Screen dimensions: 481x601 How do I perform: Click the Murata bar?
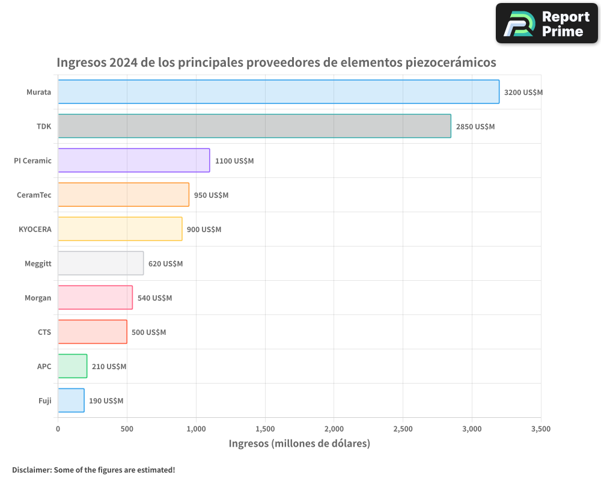pos(278,92)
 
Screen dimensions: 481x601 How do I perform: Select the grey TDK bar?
pos(254,126)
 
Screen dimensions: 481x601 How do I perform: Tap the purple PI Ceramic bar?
pos(133,161)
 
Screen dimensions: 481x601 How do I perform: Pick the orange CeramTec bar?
pos(123,195)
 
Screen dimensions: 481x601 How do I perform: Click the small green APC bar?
pos(72,366)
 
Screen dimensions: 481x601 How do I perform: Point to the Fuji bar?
pos(71,400)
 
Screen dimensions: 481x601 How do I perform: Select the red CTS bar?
pos(92,332)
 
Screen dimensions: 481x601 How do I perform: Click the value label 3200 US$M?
pos(523,93)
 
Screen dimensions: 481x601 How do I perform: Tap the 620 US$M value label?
pos(165,264)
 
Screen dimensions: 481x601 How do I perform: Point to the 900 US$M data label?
pos(204,230)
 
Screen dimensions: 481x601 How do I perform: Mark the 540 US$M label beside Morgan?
pos(154,298)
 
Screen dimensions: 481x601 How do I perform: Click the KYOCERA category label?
pos(35,230)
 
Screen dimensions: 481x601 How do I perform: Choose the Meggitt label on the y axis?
pos(38,264)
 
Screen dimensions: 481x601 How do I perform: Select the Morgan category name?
pos(38,298)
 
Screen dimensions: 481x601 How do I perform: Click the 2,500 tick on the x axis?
pos(403,429)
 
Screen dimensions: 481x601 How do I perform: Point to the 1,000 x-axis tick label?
pos(196,429)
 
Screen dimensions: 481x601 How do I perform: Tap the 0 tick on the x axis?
pos(58,429)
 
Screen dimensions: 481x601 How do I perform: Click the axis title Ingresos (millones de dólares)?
pos(299,444)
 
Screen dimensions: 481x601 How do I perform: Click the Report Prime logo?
pos(547,23)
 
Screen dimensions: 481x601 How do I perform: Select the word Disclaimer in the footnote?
pos(31,470)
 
